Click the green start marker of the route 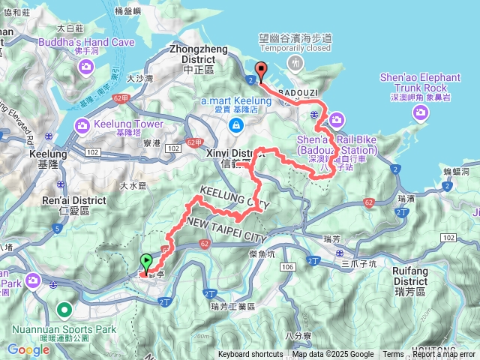tap(145, 262)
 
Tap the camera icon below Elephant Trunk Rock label tap(421, 112)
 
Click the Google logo tap(28, 349)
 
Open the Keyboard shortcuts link tap(250, 355)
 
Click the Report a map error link tap(444, 355)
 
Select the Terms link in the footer tap(393, 355)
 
